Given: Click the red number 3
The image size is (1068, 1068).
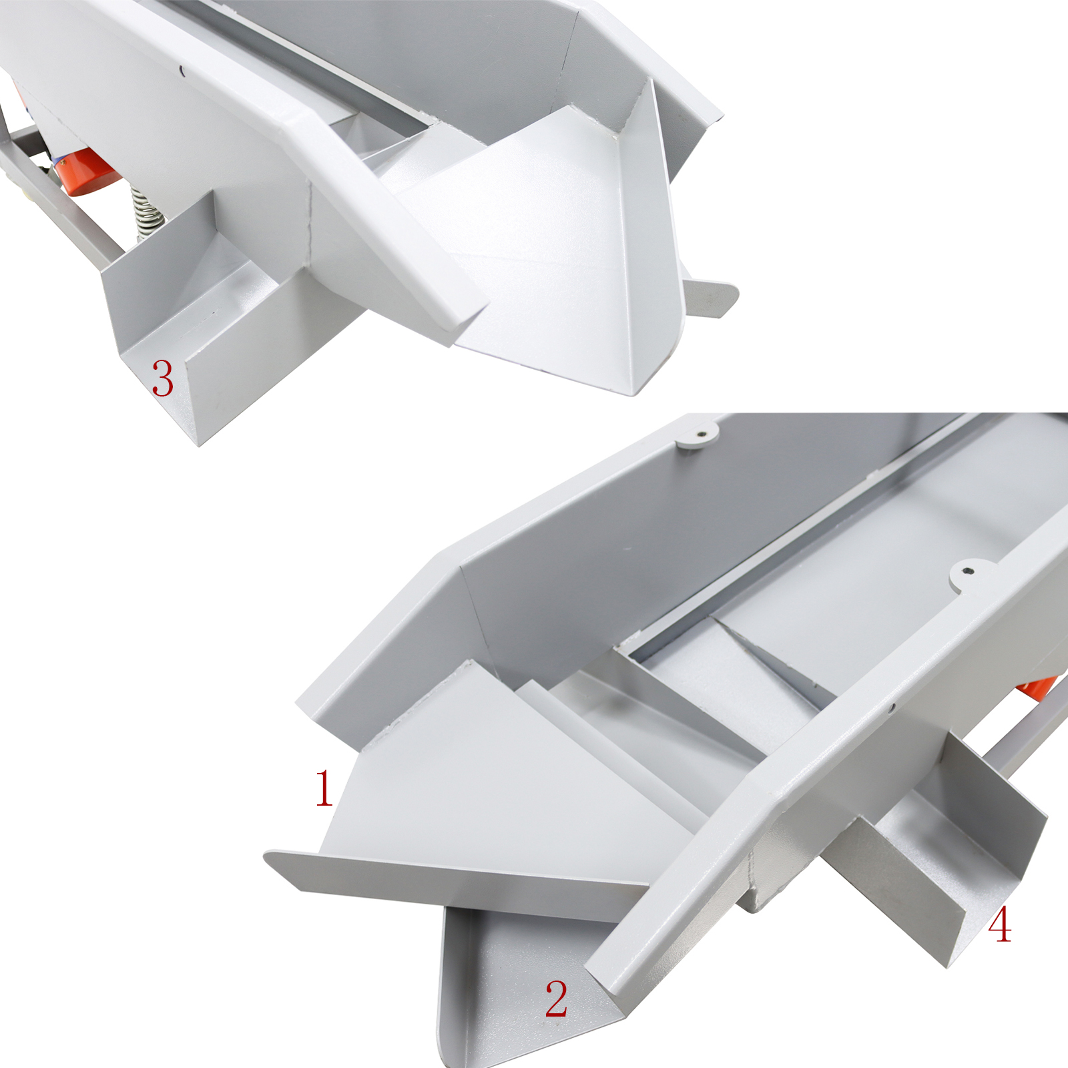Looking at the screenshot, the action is pyautogui.click(x=163, y=378).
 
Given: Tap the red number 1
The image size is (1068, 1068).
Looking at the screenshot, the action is pyautogui.click(x=324, y=788).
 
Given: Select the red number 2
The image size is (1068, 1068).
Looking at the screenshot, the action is pyautogui.click(x=557, y=999).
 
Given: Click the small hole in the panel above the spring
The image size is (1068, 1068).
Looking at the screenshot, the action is pyautogui.click(x=182, y=67).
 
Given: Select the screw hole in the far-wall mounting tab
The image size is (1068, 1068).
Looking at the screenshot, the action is pyautogui.click(x=701, y=434).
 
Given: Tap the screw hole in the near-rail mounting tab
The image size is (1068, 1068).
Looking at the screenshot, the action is pyautogui.click(x=967, y=571).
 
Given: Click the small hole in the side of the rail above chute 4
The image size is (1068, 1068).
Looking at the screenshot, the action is pyautogui.click(x=892, y=707).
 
